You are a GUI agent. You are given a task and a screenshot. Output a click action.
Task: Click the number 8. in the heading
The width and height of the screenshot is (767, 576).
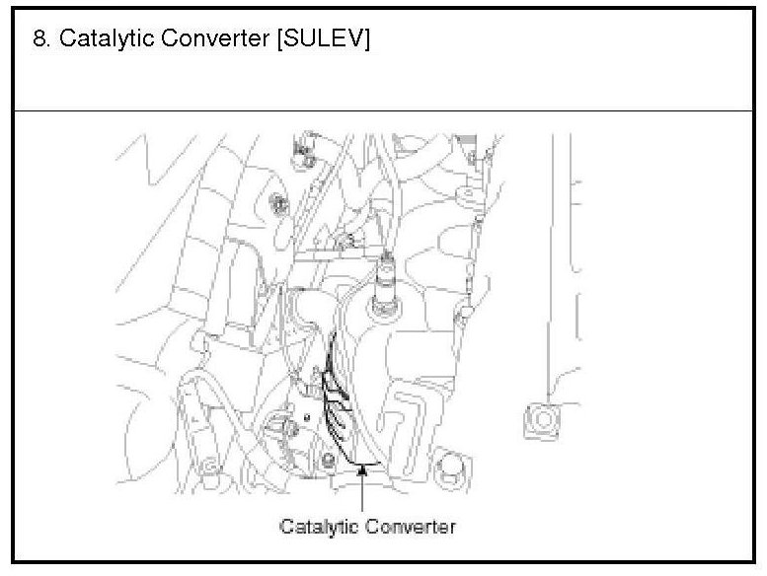tap(41, 38)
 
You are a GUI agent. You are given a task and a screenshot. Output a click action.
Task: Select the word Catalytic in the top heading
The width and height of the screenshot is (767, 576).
tap(107, 39)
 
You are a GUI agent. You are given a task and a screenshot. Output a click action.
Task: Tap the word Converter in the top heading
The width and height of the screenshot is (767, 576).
tap(215, 38)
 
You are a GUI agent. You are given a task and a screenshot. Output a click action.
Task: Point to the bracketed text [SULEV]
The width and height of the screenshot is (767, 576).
tap(324, 39)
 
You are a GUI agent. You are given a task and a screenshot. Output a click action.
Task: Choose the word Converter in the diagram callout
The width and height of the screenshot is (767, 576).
tap(411, 527)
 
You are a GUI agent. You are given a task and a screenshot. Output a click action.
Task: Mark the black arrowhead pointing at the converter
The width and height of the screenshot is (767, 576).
tap(362, 470)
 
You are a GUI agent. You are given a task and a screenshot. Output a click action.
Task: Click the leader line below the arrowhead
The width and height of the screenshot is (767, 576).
tap(362, 493)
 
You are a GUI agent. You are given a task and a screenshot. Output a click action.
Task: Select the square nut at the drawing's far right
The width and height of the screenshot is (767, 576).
tap(542, 420)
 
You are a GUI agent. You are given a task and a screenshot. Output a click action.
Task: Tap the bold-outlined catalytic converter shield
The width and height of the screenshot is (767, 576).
tap(337, 400)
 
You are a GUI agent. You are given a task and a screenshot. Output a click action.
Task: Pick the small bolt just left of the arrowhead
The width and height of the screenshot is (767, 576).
tap(329, 460)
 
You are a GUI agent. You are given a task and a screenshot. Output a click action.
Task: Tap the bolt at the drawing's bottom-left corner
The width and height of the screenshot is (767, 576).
tap(210, 467)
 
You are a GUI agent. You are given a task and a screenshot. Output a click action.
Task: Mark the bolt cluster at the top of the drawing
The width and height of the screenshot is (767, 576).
tap(304, 152)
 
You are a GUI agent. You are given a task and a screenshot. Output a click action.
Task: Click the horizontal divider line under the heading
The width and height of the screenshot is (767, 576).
tap(383, 110)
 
